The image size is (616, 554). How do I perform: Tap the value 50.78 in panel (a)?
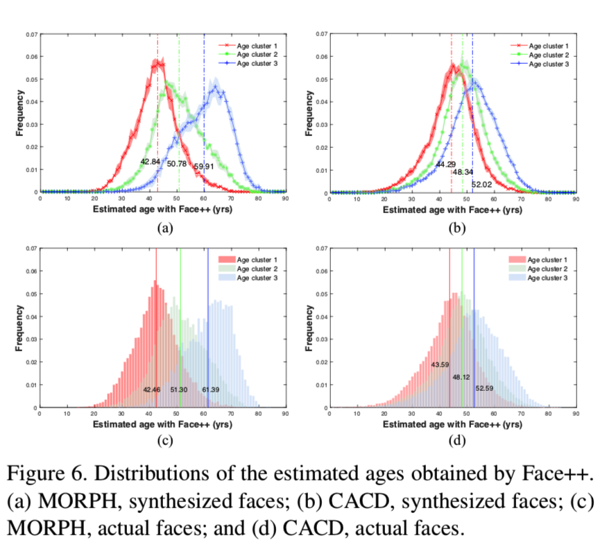pyautogui.click(x=177, y=164)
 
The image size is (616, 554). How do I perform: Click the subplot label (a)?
pyautogui.click(x=164, y=227)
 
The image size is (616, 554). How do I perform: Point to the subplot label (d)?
pyautogui.click(x=456, y=440)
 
